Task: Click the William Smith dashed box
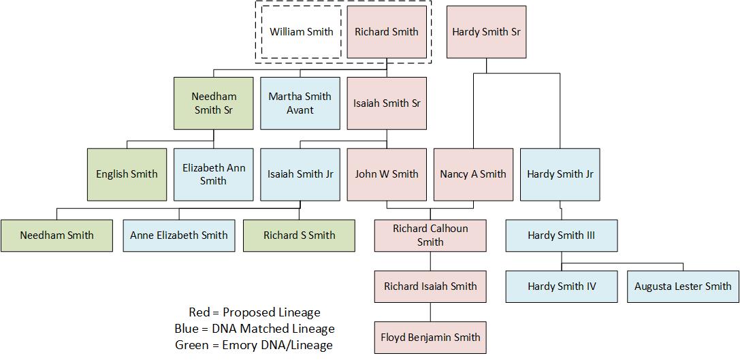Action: coord(302,32)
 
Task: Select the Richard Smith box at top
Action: coord(387,32)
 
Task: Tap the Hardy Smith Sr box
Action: coord(486,32)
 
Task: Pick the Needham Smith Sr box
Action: coord(214,103)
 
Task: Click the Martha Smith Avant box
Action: coord(300,103)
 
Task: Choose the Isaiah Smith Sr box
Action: coord(387,103)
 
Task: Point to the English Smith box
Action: coord(127,174)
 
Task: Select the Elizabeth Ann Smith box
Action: coord(213,174)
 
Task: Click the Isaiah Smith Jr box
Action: coord(300,174)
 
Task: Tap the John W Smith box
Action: coord(387,174)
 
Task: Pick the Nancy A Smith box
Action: coord(473,174)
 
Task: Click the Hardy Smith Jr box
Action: coord(560,174)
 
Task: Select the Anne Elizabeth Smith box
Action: coord(179,235)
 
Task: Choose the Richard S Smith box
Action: coord(299,235)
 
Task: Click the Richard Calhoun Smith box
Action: coord(430,235)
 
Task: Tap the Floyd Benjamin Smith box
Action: coord(430,338)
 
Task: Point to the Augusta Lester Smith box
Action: coord(683,287)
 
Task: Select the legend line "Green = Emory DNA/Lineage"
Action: coord(254,345)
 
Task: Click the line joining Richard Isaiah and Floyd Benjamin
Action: coord(430,312)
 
